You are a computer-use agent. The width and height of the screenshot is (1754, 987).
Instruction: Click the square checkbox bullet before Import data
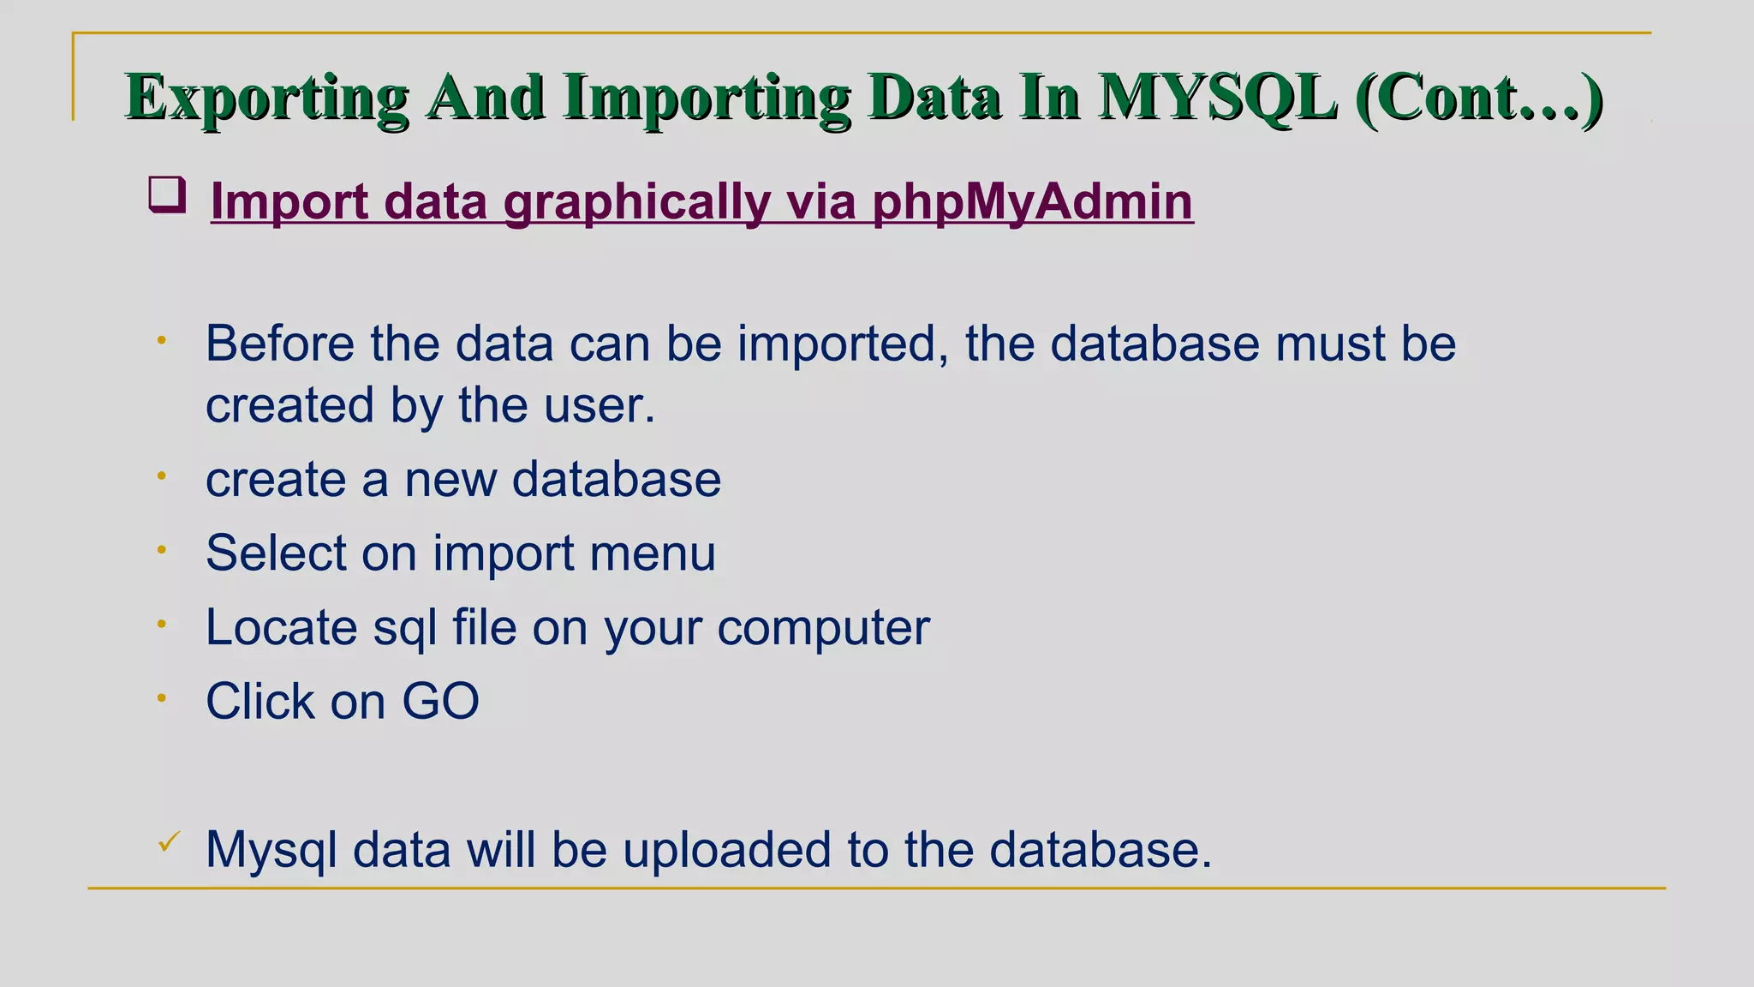coord(167,194)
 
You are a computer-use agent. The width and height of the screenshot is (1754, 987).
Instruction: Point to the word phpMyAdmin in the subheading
coord(1032,202)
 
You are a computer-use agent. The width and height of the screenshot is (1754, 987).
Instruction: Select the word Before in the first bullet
coord(280,344)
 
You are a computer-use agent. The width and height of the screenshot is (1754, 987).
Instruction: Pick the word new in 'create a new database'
coord(450,479)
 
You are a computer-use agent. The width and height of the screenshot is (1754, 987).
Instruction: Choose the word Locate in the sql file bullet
coord(282,627)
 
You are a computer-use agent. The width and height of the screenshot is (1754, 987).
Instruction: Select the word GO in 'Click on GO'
coord(440,702)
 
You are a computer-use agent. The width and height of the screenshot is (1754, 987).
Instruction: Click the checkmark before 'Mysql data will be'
coord(169,842)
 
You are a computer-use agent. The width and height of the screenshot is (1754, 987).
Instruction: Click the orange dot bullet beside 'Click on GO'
coord(161,699)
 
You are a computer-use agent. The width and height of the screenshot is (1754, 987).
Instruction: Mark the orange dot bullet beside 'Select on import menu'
coord(161,551)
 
